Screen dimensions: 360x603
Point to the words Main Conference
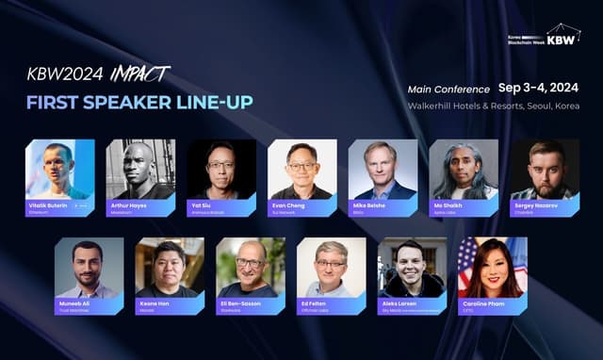(x=448, y=89)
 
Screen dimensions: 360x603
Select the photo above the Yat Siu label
(x=221, y=169)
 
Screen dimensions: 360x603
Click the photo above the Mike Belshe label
(x=383, y=169)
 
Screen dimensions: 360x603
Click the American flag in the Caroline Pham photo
(x=468, y=259)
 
